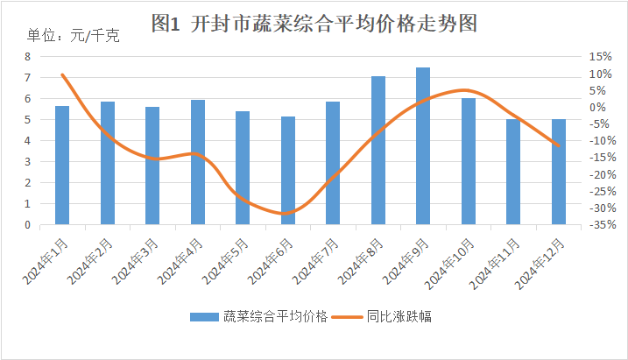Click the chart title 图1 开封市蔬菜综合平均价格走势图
314,24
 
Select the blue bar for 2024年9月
423,145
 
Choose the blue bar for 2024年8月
378,150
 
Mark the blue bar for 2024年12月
558,172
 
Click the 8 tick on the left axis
27,56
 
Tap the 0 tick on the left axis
27,225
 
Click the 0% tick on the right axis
597,107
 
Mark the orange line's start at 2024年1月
62,74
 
